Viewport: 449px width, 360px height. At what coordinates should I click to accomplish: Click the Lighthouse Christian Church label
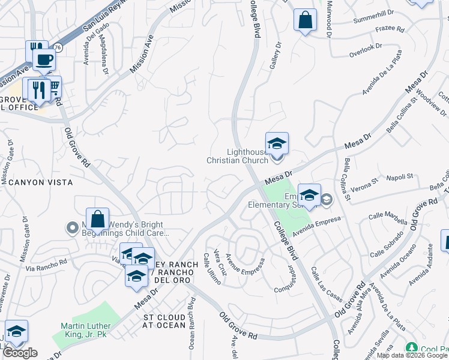click(x=237, y=156)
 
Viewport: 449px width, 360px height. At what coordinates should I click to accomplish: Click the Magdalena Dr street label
click(x=105, y=57)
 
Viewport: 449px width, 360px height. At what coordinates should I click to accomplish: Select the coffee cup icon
click(x=44, y=60)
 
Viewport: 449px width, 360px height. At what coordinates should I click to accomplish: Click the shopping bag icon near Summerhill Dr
click(x=305, y=20)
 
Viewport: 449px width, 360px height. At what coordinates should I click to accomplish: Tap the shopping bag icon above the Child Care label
click(x=97, y=220)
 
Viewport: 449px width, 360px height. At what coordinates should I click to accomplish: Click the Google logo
click(x=20, y=353)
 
